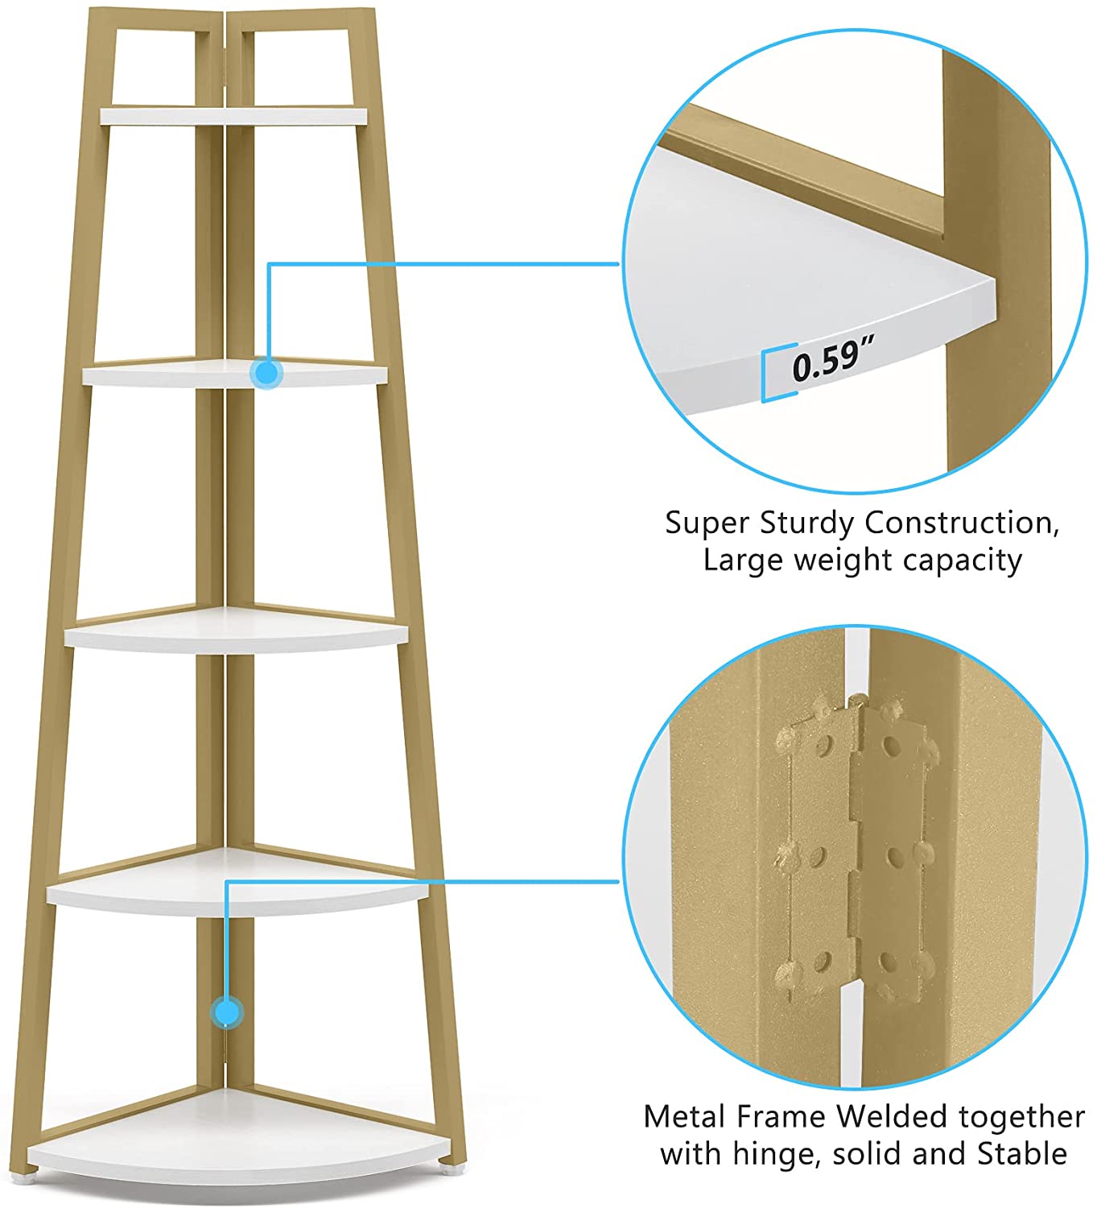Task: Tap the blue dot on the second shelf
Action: (266, 373)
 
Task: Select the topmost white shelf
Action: (233, 117)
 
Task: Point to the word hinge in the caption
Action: (776, 1154)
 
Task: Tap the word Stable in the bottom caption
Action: (1022, 1154)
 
